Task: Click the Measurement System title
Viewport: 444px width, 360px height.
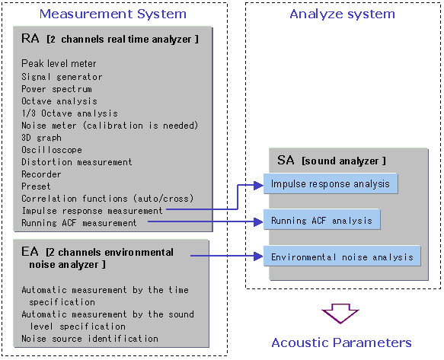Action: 113,14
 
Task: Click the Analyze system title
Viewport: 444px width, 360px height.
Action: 342,14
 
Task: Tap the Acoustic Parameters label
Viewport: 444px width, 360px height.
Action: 341,342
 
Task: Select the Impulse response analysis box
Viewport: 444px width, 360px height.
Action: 331,183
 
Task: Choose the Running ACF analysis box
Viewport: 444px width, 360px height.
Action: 321,220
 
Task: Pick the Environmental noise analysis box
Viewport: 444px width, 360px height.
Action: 342,256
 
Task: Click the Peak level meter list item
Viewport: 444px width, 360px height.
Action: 59,63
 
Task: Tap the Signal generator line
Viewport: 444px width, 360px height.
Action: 62,77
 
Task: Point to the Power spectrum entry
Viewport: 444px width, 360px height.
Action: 56,89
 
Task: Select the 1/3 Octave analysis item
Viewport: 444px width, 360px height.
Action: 69,113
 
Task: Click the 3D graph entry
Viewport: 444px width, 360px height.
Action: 41,138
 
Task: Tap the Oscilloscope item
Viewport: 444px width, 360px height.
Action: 52,150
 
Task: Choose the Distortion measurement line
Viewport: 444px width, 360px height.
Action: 77,162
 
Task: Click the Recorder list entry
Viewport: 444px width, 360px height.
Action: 41,174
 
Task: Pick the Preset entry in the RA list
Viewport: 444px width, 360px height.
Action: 36,186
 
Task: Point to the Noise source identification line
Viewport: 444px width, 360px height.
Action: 90,339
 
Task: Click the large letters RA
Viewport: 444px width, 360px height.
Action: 30,38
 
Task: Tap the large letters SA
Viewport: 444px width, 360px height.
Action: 286,160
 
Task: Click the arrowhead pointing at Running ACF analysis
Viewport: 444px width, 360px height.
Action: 258,221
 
